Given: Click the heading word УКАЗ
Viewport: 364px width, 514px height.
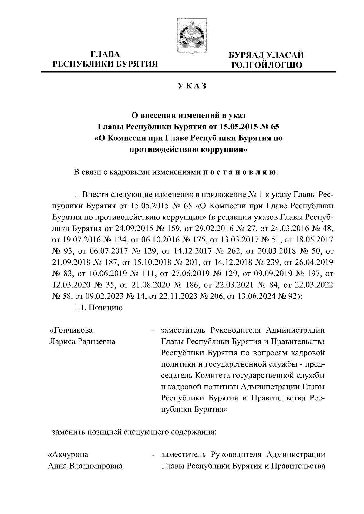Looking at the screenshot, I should point(192,86).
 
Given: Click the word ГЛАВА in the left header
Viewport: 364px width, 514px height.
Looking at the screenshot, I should point(105,54).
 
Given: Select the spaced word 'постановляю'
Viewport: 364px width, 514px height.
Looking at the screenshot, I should point(239,173).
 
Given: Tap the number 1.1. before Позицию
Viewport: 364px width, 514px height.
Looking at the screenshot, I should point(80,308).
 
